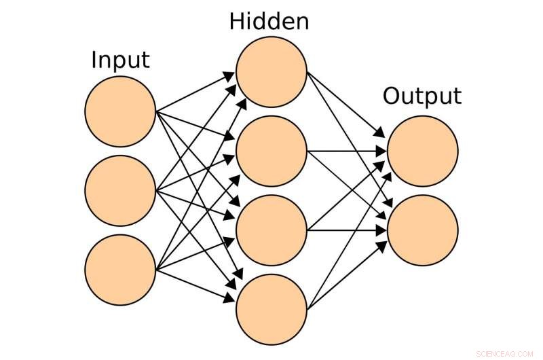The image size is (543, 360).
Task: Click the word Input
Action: [120, 60]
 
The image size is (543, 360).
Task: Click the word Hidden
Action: [269, 21]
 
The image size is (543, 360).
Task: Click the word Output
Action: [422, 96]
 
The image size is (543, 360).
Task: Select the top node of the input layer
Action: [121, 112]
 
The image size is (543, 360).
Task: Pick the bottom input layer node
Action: [121, 270]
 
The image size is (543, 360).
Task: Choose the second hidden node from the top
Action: [271, 151]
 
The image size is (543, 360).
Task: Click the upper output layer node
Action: [422, 151]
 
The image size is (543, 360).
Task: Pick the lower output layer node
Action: [422, 230]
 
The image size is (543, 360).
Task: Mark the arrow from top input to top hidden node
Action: [196, 92]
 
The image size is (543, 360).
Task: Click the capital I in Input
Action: [94, 60]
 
